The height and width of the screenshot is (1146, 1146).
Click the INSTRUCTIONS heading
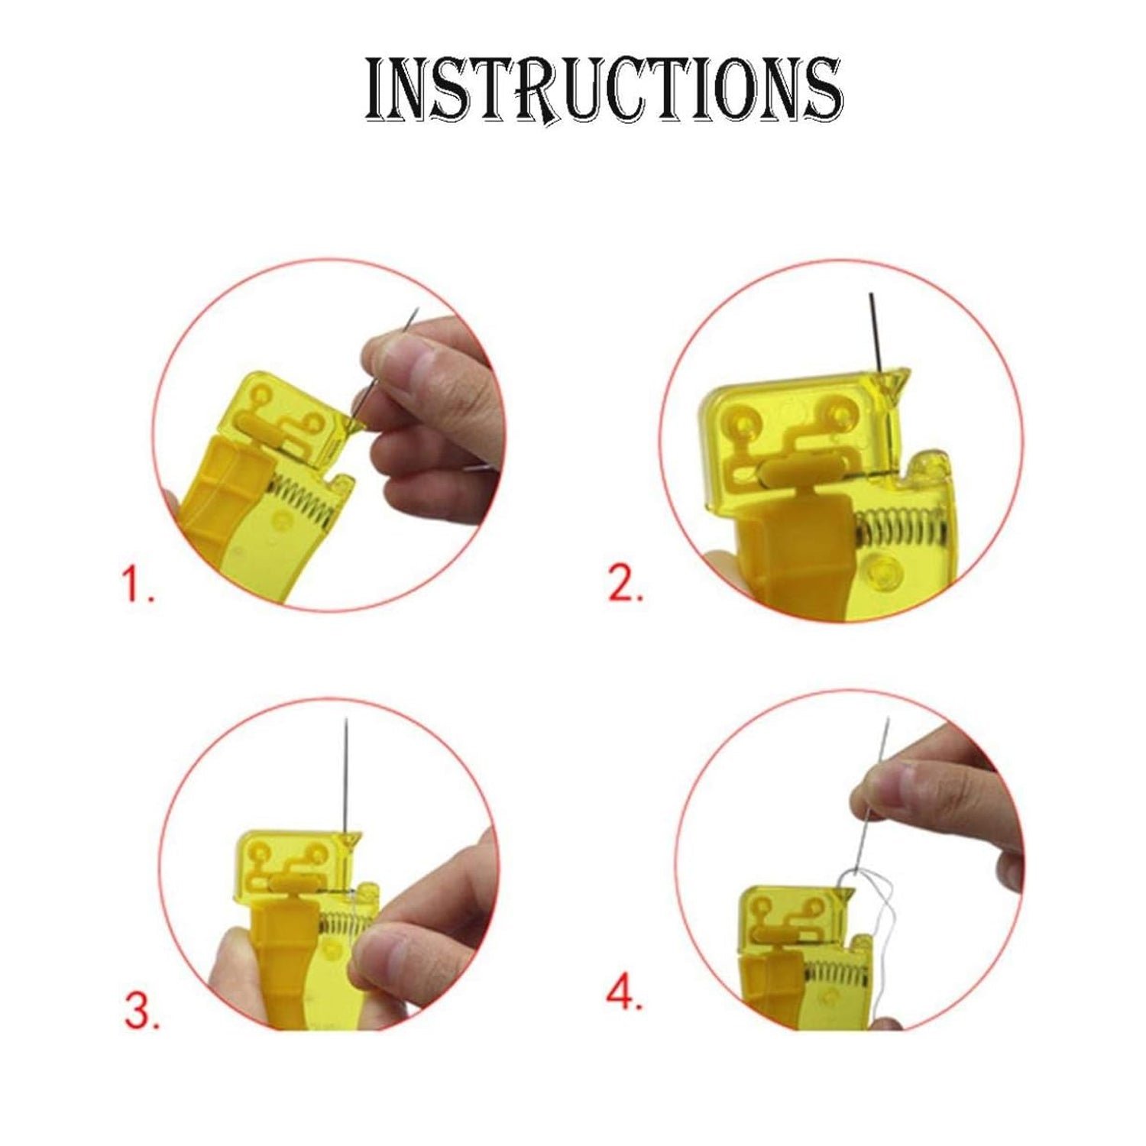[x=604, y=90]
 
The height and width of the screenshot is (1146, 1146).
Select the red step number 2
[x=625, y=584]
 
